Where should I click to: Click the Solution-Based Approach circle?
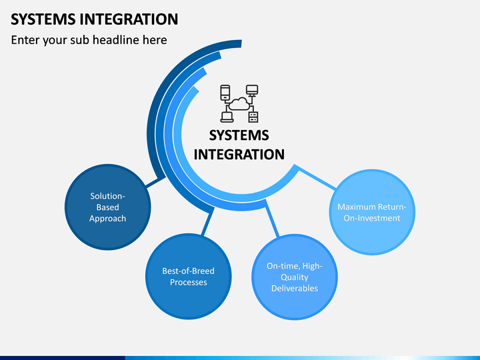tap(108, 207)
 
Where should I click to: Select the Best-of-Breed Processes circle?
tap(189, 277)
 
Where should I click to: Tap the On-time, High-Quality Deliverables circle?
tap(295, 277)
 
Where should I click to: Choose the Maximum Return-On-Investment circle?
tap(372, 212)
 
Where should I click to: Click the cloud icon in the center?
tap(239, 103)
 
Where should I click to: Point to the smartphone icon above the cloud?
tap(225, 93)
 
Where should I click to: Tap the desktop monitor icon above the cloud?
tap(252, 90)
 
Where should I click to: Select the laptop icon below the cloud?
tap(227, 117)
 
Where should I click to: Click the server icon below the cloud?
tap(253, 117)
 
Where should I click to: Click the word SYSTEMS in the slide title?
tap(43, 19)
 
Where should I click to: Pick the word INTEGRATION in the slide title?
tap(129, 19)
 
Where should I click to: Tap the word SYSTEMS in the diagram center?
tap(239, 135)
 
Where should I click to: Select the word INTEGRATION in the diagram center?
tap(239, 154)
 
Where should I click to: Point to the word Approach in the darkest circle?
tap(108, 219)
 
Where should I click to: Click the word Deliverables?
tap(295, 288)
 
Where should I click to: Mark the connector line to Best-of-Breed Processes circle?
tap(207, 222)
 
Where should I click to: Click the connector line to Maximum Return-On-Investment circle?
tap(316, 177)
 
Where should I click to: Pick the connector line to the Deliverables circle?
tap(272, 218)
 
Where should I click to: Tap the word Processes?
tap(189, 282)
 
